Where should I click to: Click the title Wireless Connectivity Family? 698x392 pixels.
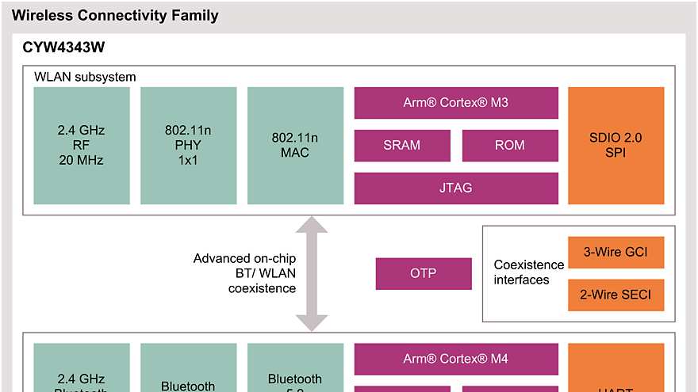(115, 15)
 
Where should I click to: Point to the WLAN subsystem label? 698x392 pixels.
(85, 77)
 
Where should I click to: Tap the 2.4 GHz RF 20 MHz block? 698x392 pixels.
(82, 145)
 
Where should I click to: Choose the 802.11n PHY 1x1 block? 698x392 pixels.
(188, 145)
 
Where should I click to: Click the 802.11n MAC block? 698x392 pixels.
(295, 145)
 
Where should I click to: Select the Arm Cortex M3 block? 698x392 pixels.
(455, 103)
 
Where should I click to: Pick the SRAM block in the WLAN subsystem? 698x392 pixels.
(402, 145)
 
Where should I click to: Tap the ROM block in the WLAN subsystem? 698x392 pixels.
(509, 145)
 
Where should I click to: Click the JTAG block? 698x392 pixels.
(455, 188)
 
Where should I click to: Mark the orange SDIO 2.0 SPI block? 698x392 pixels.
(616, 145)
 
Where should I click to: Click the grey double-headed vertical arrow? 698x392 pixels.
(312, 274)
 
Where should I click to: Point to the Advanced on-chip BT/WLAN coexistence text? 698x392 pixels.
(244, 274)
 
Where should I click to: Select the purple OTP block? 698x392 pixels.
(423, 273)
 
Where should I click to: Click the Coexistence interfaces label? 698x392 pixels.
(528, 272)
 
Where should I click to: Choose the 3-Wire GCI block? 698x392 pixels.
(616, 253)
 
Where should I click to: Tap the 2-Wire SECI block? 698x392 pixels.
(616, 295)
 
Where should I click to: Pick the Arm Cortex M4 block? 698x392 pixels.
(455, 359)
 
